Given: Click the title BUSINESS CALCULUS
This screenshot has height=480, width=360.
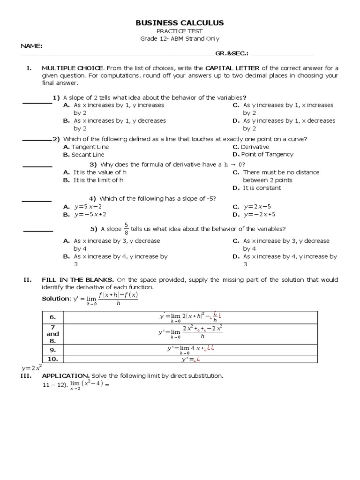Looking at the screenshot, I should coord(180,23).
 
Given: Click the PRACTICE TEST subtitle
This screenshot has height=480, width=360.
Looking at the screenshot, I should coord(180,31).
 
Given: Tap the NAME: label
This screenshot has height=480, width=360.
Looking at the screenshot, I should coord(31,46).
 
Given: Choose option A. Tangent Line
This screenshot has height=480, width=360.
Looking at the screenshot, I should coord(86,147).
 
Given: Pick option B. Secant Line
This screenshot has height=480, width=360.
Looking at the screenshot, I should coord(84,155).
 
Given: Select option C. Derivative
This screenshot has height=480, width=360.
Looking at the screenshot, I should coord(251,147).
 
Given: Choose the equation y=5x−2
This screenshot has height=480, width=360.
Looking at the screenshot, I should coord(88,207).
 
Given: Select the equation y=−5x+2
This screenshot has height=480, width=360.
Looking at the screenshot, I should coord(90,215).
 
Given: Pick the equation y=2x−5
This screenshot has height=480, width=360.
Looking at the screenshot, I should coord(257,207).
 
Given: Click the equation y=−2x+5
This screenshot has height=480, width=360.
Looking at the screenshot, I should coord(259,215).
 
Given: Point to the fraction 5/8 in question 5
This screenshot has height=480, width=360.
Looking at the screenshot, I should coord(126,229).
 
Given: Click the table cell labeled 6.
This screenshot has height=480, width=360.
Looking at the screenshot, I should coord(53,317).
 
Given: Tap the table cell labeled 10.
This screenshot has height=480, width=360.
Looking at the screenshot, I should coord(53,359).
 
